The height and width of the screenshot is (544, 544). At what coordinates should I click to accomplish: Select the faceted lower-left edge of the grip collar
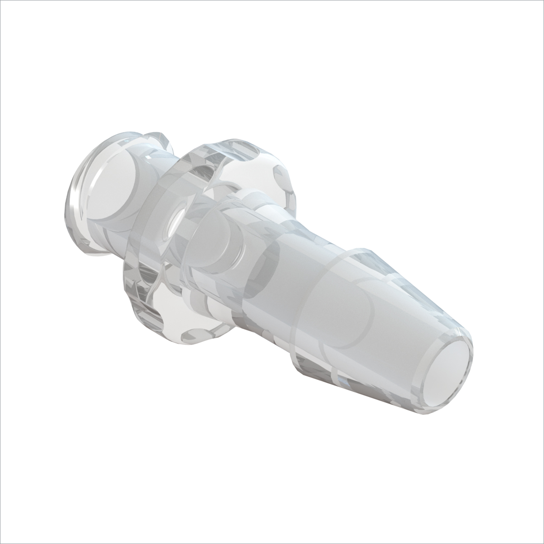tap(136, 299)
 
